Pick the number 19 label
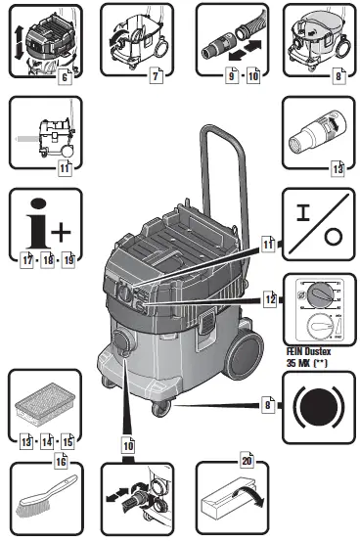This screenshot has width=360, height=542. click(x=67, y=259)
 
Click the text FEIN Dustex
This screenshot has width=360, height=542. click(x=310, y=348)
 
